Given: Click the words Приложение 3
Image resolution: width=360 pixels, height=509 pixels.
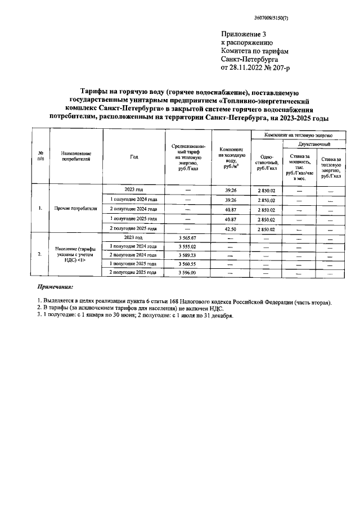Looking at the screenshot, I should pyautogui.click(x=243, y=34).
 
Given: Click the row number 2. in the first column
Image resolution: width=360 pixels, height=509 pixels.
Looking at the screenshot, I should pyautogui.click(x=40, y=255).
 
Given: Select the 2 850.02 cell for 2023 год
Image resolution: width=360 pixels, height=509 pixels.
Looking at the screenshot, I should pyautogui.click(x=267, y=190).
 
